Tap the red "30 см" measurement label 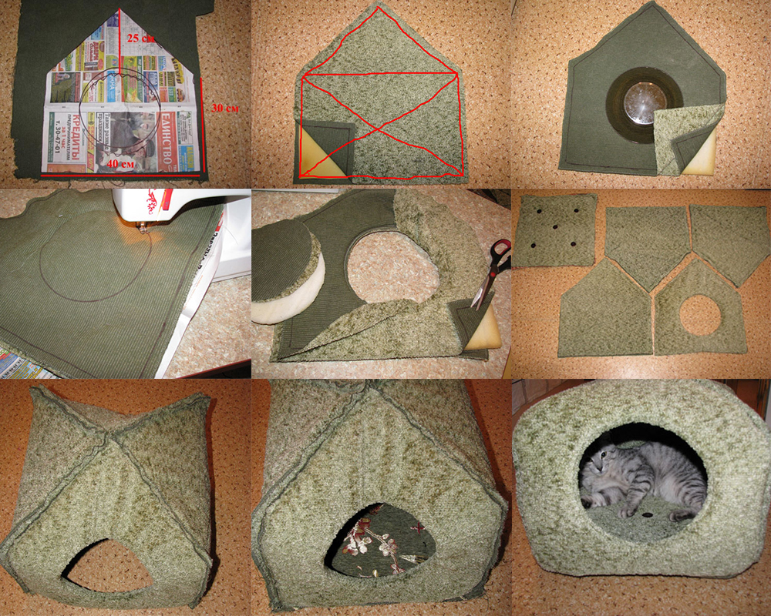[224, 109]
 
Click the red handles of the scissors [500, 255]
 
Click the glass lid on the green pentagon [644, 99]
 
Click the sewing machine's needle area [143, 228]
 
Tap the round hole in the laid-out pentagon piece [700, 315]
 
